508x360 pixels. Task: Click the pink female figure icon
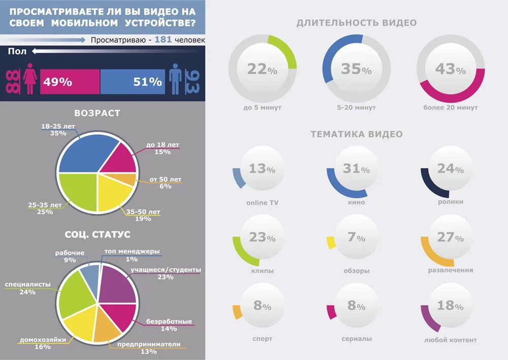(30, 79)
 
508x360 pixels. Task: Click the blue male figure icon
(176, 79)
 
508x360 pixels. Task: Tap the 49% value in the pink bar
(57, 82)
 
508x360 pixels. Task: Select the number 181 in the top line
(163, 40)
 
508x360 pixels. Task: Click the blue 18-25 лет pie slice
(81, 153)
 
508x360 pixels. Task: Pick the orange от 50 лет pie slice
(131, 179)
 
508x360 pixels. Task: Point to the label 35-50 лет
(143, 212)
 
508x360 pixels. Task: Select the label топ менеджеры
(132, 251)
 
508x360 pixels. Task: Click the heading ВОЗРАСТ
(97, 113)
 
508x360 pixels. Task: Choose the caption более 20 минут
(451, 108)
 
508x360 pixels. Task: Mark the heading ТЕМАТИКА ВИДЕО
(357, 134)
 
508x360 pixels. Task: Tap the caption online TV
(262, 203)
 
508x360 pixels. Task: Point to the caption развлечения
(451, 271)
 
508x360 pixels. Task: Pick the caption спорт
(262, 339)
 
